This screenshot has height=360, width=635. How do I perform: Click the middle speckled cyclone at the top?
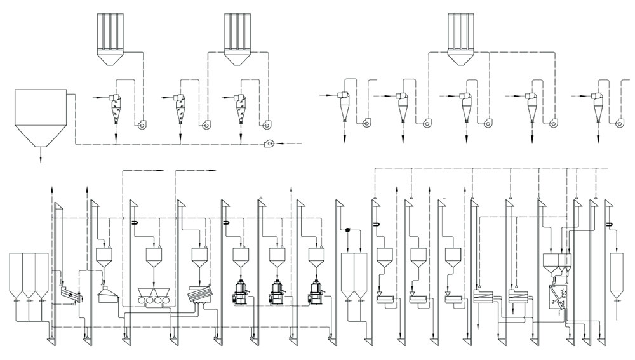pyautogui.click(x=181, y=108)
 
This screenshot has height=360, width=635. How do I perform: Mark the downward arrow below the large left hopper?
pyautogui.click(x=41, y=157)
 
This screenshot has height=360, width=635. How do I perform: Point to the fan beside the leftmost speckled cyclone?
pyautogui.click(x=141, y=126)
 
